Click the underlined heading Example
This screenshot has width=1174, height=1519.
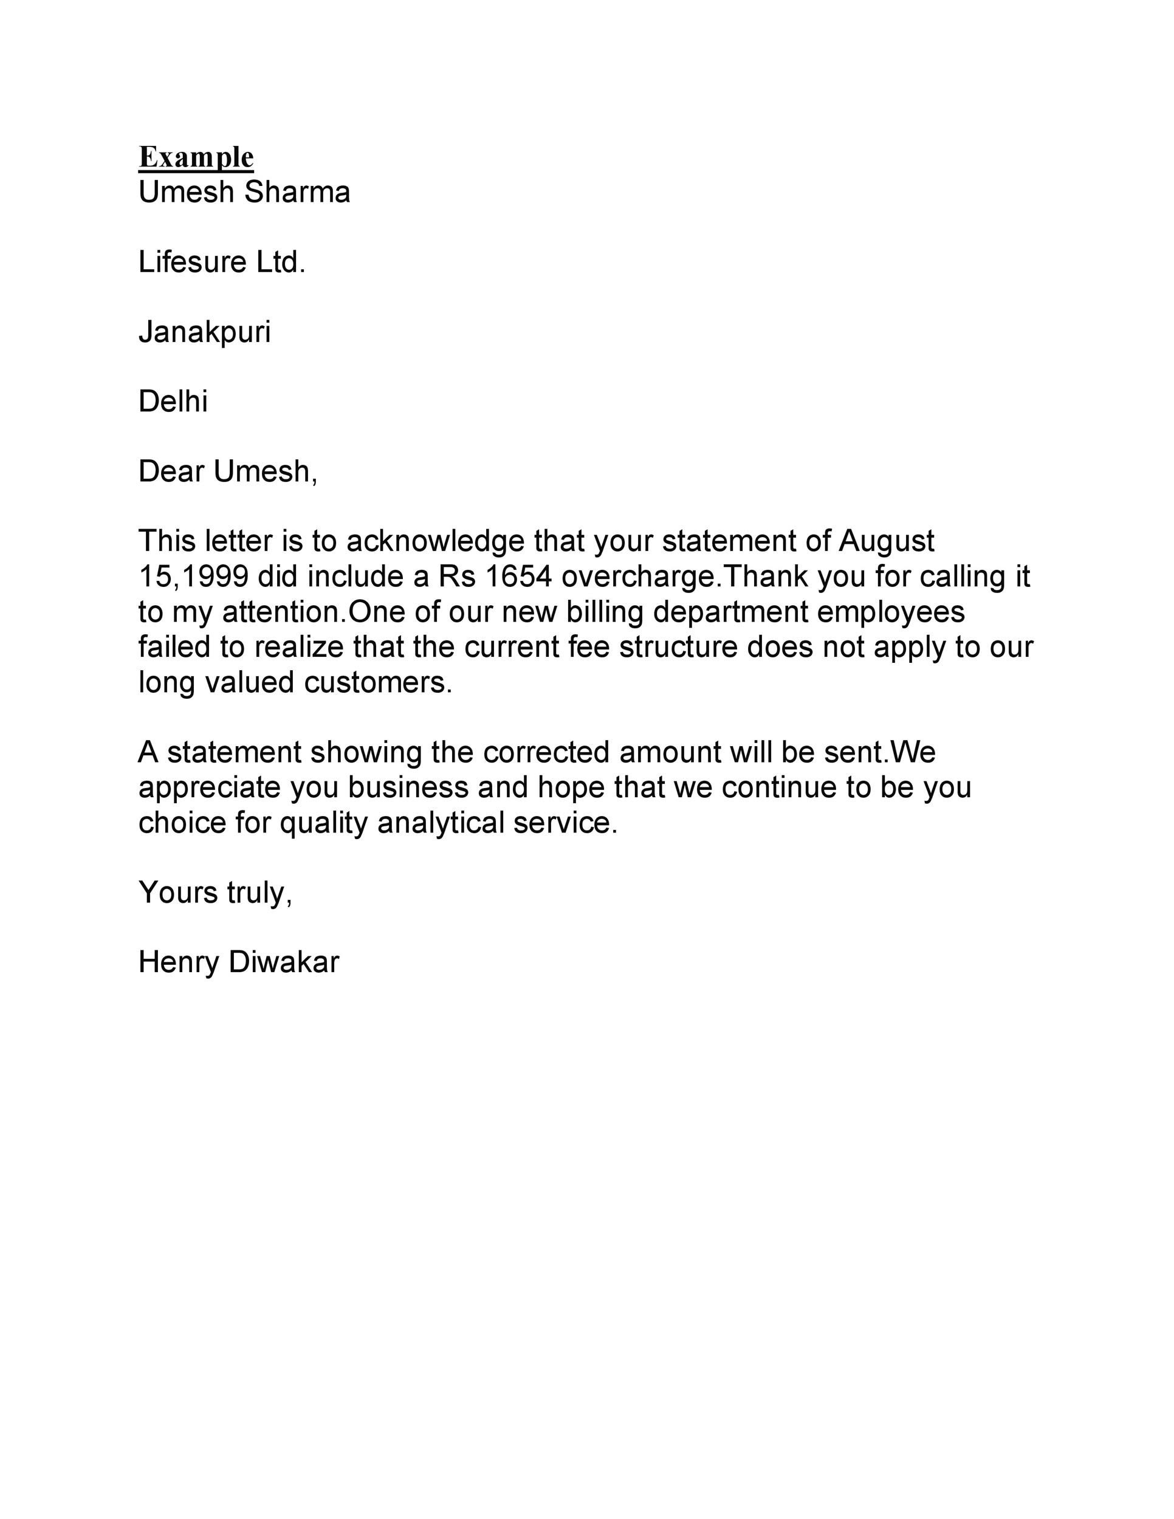[x=196, y=158]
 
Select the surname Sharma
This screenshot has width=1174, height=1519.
[x=297, y=193]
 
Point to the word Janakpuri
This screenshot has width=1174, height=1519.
[x=204, y=332]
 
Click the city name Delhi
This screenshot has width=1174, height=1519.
[x=173, y=402]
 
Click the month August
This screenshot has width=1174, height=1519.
[x=886, y=542]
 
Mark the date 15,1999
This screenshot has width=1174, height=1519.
[x=193, y=577]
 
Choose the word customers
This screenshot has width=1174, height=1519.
[x=379, y=682]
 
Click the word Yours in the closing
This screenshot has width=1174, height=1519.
[x=178, y=893]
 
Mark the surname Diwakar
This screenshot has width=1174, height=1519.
[x=284, y=963]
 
